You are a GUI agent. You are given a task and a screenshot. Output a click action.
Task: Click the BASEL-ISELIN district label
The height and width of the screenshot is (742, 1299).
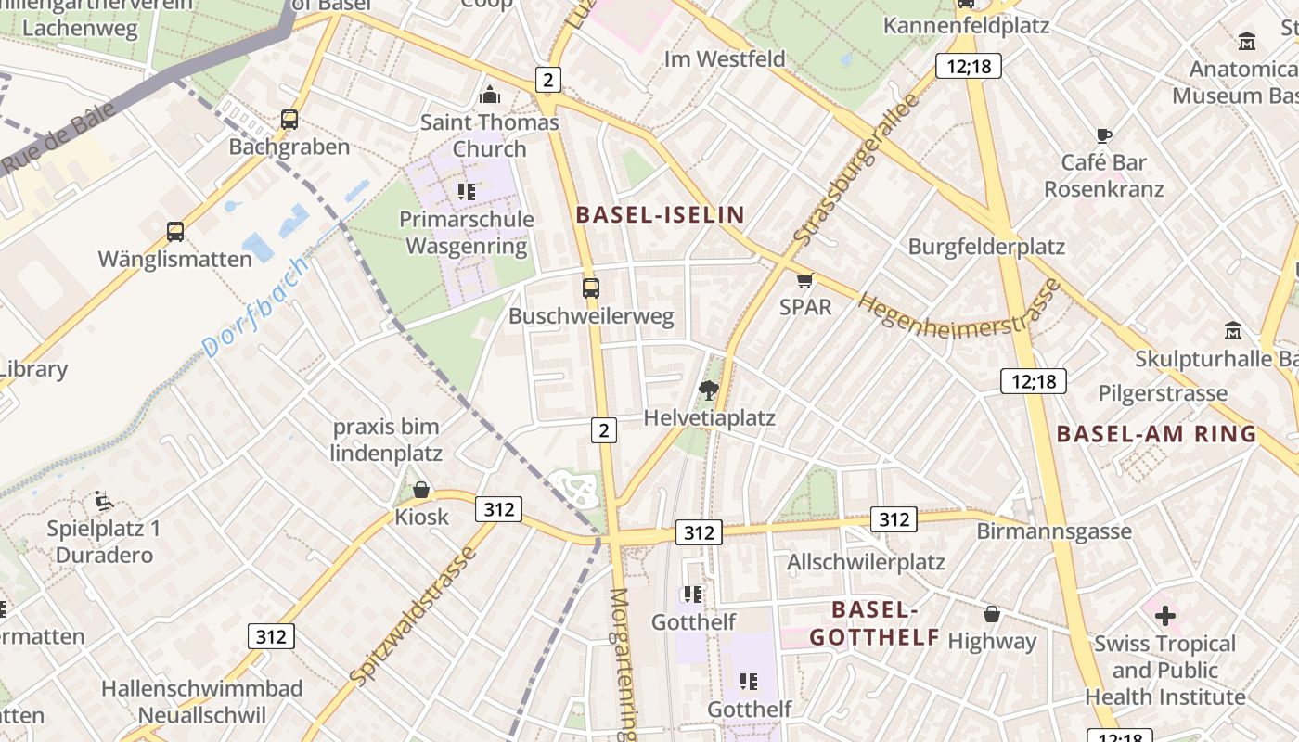coord(660,215)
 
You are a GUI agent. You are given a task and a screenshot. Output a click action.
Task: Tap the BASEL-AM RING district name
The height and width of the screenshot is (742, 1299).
coord(1156,434)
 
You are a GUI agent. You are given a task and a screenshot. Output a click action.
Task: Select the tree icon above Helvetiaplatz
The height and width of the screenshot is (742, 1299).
coord(709,390)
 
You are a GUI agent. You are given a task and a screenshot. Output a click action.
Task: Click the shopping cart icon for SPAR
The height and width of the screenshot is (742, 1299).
coord(804,280)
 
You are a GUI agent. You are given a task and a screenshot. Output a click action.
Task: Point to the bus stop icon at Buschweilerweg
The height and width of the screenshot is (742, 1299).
coord(591,288)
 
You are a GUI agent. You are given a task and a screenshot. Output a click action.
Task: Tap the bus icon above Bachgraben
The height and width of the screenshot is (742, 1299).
coord(289,120)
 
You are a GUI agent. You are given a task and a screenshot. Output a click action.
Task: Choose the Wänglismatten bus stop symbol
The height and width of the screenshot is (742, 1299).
coord(174,232)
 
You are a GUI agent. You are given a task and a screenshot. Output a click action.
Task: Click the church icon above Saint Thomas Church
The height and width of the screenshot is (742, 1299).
coord(489,95)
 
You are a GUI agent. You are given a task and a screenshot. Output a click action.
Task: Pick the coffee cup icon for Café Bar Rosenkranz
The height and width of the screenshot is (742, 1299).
coord(1103,135)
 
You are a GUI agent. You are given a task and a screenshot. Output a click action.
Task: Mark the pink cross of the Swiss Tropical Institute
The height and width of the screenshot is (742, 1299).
coord(1164,615)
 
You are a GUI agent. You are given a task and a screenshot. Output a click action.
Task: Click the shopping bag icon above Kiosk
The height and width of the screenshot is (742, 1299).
coord(421,489)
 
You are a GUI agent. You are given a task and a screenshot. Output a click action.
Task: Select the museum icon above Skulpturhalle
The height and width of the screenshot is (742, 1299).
coord(1233,330)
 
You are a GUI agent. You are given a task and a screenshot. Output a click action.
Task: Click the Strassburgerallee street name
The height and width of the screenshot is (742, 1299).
coord(855,171)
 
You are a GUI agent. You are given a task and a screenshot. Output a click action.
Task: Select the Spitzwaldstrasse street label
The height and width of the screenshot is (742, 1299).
coord(414,616)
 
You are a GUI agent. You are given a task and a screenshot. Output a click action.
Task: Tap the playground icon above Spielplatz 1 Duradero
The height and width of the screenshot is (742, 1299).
coord(104,502)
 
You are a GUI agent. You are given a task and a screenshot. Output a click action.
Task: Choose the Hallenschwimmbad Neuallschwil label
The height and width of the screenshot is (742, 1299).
coord(202,702)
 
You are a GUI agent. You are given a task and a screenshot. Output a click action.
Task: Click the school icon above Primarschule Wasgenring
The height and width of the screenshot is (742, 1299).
coord(466,192)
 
